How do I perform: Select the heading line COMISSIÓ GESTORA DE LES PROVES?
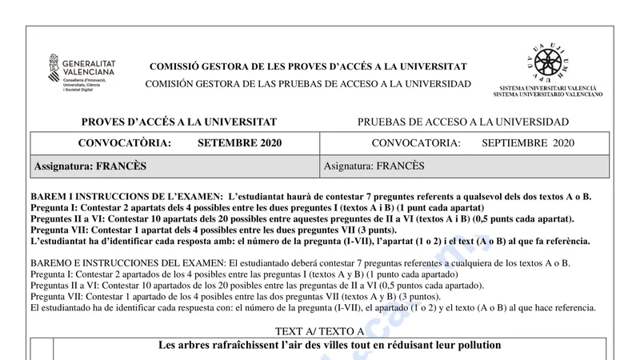click(x=308, y=66)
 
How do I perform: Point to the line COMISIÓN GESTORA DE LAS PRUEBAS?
click(x=308, y=84)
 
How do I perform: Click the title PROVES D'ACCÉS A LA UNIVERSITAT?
click(x=179, y=122)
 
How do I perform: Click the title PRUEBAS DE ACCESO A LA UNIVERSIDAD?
click(x=463, y=122)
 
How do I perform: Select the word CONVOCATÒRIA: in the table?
click(x=125, y=143)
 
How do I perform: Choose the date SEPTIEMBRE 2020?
click(x=529, y=143)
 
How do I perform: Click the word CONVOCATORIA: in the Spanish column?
click(x=416, y=143)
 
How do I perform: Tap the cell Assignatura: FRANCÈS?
click(x=90, y=166)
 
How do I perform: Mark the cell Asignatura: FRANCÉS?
click(x=374, y=166)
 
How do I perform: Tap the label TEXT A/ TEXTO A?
click(x=319, y=331)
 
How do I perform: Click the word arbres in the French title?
click(x=195, y=346)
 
